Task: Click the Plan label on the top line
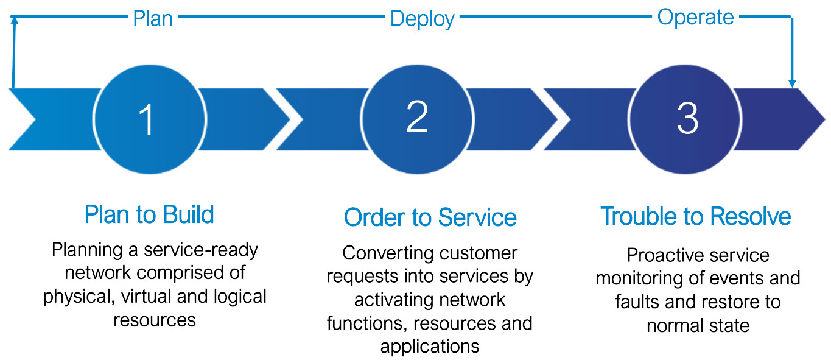click(x=153, y=18)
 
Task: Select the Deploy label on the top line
click(x=422, y=18)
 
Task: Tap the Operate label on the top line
click(x=695, y=17)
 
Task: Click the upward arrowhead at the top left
click(x=13, y=21)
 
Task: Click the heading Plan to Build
click(x=149, y=215)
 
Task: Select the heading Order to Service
click(x=430, y=217)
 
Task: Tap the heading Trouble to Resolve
click(x=696, y=216)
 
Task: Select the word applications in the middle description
click(x=430, y=346)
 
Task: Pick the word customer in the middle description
click(x=480, y=253)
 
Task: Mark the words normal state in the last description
click(x=698, y=325)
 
